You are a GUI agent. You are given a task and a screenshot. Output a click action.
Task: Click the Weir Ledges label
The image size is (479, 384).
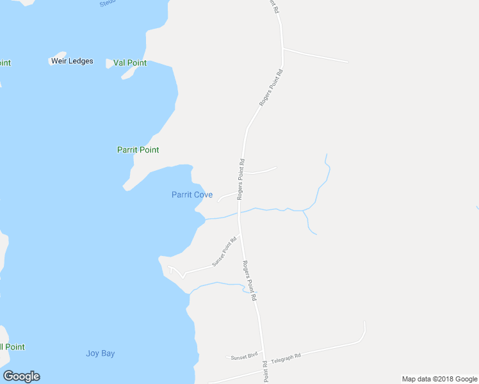click(72, 61)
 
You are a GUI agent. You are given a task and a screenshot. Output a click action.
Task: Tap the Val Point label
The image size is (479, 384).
click(129, 63)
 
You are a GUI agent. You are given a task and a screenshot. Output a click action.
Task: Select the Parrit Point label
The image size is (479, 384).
click(138, 150)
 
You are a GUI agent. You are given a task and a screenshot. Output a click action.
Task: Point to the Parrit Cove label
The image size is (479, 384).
click(192, 195)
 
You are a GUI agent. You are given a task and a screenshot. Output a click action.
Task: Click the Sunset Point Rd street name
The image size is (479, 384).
click(225, 252)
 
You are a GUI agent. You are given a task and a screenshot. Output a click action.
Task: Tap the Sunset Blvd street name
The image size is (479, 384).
click(244, 355)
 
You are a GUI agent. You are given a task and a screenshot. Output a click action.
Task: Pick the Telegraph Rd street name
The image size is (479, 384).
click(286, 358)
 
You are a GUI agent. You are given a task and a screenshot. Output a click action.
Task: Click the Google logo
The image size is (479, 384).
click(22, 376)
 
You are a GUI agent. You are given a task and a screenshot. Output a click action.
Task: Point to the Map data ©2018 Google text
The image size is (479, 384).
click(440, 379)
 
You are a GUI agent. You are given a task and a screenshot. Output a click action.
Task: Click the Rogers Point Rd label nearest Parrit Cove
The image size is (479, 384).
click(241, 179)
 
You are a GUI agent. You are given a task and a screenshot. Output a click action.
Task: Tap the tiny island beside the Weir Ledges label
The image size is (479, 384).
click(59, 55)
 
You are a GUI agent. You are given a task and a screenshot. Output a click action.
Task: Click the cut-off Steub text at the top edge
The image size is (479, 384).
click(106, 4)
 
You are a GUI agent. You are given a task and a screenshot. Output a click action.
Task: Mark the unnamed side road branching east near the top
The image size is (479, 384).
click(315, 55)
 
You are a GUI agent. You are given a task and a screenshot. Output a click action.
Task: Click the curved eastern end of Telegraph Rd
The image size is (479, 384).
click(363, 332)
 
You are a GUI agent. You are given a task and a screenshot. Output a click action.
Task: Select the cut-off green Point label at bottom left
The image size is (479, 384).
click(12, 347)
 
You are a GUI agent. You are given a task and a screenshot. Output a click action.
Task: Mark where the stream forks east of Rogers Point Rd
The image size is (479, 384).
click(304, 211)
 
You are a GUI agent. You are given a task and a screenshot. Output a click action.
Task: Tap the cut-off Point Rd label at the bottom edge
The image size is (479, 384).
click(264, 372)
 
